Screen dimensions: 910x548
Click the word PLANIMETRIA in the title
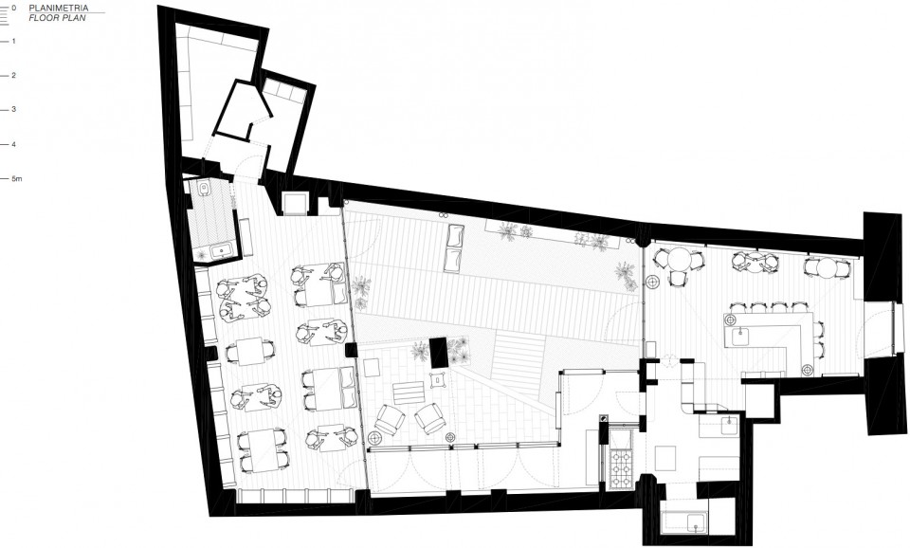pyautogui.click(x=59, y=9)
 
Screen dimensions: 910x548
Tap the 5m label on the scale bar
pyautogui.click(x=17, y=179)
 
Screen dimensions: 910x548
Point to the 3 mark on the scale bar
pyautogui.click(x=13, y=109)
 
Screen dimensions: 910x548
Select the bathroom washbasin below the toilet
pyautogui.click(x=221, y=251)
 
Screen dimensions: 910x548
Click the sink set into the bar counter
pyautogui.click(x=739, y=337)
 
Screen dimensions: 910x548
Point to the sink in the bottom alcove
pyautogui.click(x=695, y=522)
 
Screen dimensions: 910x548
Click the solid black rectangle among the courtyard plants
pyautogui.click(x=439, y=353)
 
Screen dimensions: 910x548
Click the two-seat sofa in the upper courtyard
pyautogui.click(x=453, y=247)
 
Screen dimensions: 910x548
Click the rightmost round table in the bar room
pyautogui.click(x=828, y=267)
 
